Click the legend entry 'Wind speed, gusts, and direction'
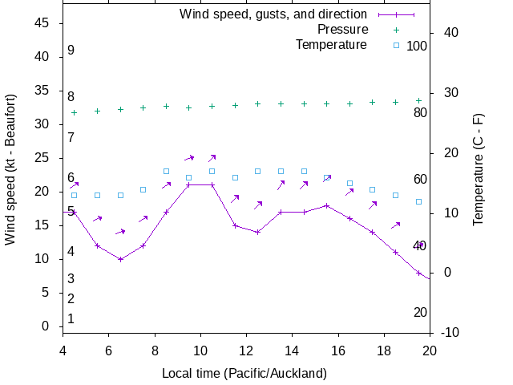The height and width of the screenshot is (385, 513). pos(273,14)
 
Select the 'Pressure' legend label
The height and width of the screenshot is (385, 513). pos(342,30)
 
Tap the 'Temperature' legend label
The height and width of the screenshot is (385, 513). pos(331,45)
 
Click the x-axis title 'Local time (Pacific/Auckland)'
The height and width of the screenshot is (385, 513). pos(244,373)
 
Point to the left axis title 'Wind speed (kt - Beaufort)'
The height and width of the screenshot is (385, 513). pos(11,169)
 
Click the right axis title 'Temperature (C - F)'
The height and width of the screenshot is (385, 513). pos(479,169)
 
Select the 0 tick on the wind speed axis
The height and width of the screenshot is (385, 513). pos(46,326)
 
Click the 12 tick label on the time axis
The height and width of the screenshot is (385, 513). pos(246,350)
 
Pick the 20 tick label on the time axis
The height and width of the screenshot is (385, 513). pos(430,350)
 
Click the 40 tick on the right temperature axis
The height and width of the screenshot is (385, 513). pos(450,33)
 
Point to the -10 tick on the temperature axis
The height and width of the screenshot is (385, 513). pos(450,333)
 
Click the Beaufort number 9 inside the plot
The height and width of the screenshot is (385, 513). pos(71,51)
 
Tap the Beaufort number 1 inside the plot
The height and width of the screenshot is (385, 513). pos(71,319)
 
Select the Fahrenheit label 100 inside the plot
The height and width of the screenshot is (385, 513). pos(417,46)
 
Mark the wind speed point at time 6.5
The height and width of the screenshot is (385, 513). pos(120,259)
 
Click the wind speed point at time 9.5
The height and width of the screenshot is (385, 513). pos(189,185)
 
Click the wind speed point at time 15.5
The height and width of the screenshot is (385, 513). pos(327,205)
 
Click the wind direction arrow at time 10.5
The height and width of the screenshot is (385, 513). pos(212,158)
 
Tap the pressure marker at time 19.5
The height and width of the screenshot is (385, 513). pos(418,100)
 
